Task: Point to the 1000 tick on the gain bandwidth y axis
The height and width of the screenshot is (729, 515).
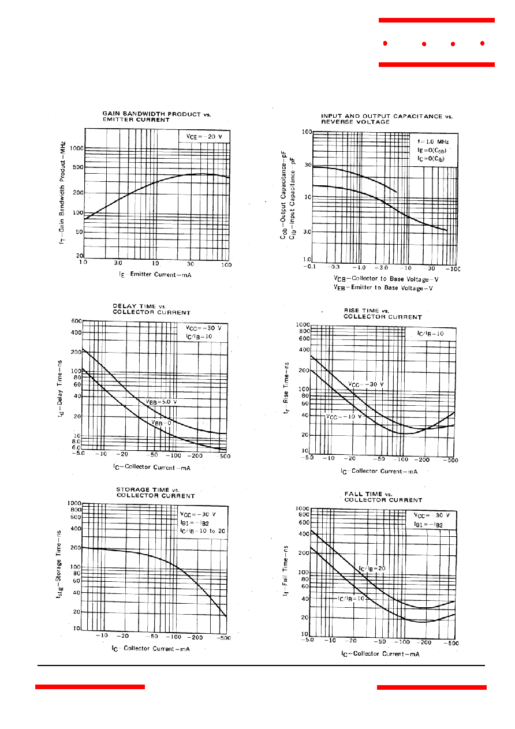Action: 76,148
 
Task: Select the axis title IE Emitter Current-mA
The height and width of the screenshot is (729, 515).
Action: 155,275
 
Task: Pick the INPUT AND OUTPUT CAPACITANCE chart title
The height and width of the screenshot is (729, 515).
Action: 387,119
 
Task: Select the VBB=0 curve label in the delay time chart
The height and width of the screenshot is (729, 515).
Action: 161,423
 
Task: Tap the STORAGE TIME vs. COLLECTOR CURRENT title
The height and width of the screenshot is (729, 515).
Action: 155,492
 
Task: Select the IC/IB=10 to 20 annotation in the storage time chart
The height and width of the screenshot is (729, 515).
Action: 202,530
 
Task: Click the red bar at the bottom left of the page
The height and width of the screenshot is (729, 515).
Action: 89,687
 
